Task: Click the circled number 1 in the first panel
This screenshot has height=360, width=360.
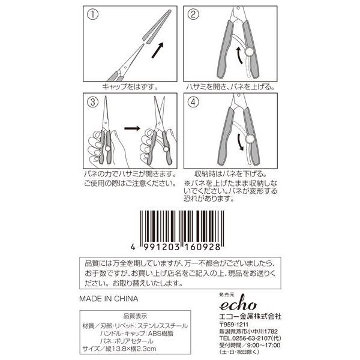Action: coord(93,14)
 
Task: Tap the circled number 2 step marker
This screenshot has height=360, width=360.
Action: coord(193,14)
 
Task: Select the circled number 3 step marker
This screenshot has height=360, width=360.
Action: coord(93,102)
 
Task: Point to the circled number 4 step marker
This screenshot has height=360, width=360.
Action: coord(193,102)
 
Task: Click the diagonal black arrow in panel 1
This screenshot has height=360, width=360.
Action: coord(158,50)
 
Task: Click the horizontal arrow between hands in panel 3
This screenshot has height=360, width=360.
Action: coord(132,128)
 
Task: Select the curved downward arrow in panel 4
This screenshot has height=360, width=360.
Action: coord(241,142)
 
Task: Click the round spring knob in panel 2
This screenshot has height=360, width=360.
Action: coord(249,52)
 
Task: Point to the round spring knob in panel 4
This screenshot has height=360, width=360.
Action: coord(250,139)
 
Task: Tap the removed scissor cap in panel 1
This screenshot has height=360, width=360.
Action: coord(157,26)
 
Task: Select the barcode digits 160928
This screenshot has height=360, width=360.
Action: coord(202,247)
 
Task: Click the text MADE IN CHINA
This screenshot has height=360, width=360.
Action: coord(109,299)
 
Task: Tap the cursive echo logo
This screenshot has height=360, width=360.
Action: coord(238,304)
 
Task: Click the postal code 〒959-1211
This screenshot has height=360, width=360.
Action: coord(234,325)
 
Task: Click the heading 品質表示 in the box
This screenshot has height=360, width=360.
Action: coord(135,316)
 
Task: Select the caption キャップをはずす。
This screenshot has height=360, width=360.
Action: coord(130,86)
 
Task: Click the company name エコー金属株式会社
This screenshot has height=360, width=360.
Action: coord(250,317)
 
